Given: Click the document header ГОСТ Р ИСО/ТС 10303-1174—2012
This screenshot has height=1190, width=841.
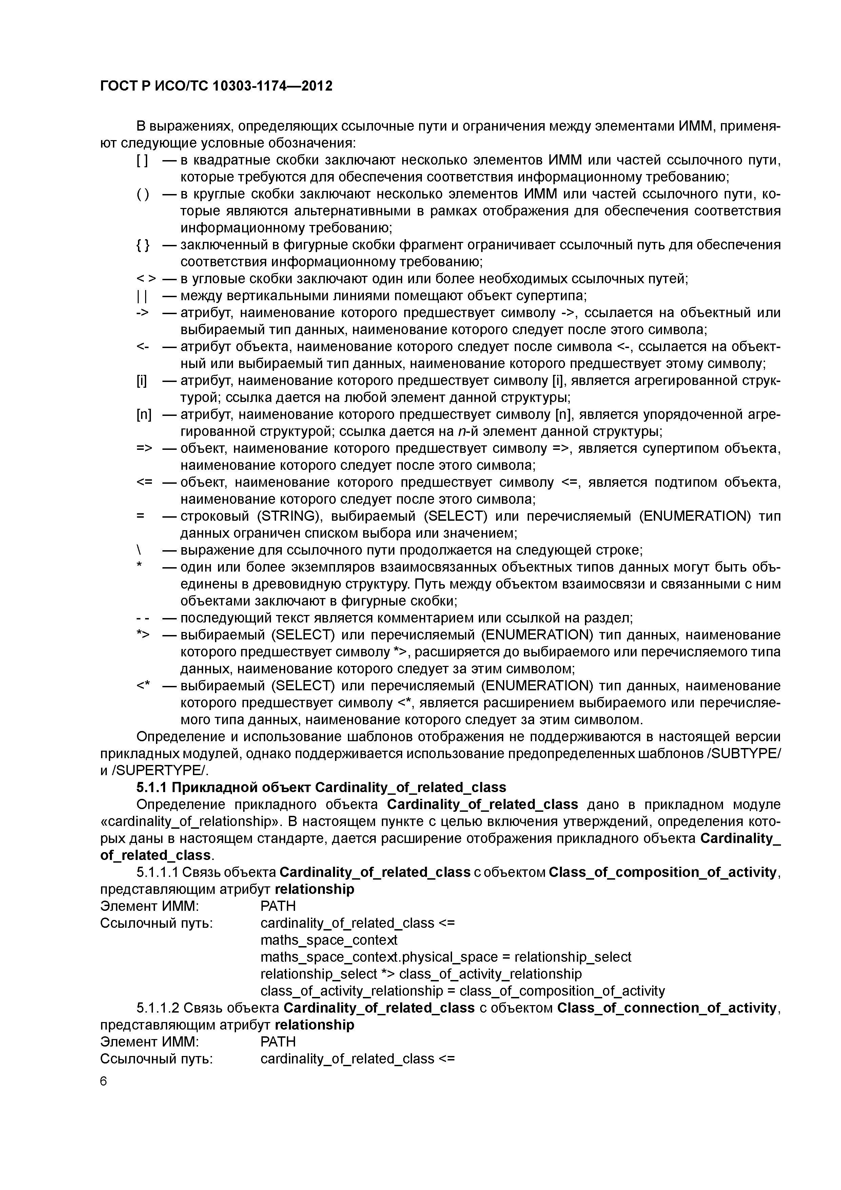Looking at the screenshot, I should (x=216, y=86).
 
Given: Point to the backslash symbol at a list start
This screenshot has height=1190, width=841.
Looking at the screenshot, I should (x=139, y=550).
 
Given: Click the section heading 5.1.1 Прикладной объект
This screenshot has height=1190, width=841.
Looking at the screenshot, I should (x=321, y=787).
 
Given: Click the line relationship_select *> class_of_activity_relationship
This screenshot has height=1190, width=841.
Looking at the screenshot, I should (x=421, y=974).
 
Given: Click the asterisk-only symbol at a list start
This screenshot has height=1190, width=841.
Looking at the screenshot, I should (x=139, y=567).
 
